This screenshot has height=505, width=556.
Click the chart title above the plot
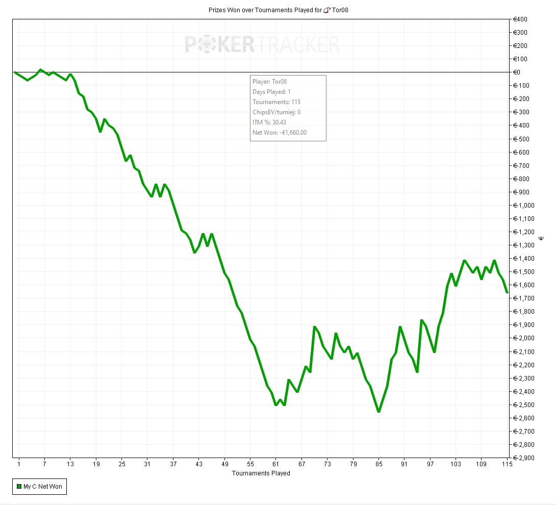(x=278, y=10)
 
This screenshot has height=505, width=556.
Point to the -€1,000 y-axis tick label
(x=524, y=205)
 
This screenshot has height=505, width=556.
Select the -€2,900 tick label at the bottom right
(x=524, y=458)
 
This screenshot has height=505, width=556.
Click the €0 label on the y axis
(x=517, y=72)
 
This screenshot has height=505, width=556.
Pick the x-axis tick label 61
(x=275, y=464)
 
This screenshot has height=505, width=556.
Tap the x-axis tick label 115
(x=507, y=464)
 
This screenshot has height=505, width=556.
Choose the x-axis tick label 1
(x=19, y=464)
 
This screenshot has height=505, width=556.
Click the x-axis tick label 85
(x=378, y=464)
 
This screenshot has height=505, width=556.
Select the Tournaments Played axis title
(x=261, y=473)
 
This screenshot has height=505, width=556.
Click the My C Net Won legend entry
(x=43, y=487)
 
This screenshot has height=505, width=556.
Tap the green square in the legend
(x=19, y=487)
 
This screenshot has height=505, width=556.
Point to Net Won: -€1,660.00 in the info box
(x=280, y=133)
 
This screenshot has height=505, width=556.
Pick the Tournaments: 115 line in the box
(x=276, y=102)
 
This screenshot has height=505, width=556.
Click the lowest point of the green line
(x=378, y=412)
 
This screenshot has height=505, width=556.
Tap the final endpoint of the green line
(x=507, y=292)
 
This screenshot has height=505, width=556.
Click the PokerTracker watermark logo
(x=262, y=44)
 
